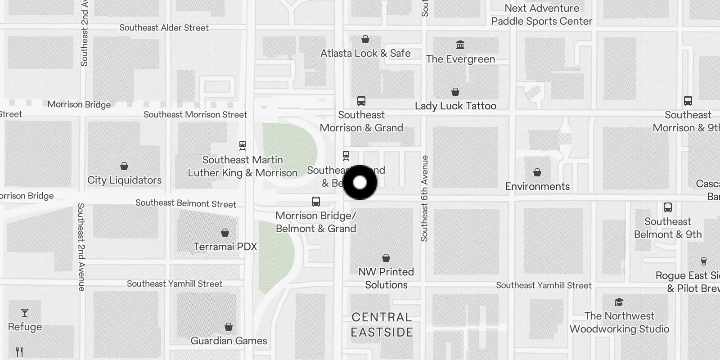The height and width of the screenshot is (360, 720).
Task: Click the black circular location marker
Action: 360,182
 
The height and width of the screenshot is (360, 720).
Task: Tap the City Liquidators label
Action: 124,180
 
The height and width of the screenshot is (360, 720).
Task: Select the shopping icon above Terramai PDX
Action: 225,233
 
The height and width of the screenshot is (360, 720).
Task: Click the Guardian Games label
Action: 229,341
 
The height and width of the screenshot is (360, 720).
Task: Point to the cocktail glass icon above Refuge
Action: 25,313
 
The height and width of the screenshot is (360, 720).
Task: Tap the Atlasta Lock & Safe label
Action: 365,53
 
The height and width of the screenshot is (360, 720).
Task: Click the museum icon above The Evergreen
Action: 460,45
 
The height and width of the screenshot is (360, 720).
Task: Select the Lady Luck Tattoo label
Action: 455,106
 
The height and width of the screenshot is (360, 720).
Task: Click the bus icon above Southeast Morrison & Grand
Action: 361,101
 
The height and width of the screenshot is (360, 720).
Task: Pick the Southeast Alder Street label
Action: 164,27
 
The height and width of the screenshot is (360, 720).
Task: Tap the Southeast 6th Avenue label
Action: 424,198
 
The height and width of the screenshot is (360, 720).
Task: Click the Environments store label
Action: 537,186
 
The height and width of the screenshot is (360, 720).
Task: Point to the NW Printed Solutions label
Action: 386,278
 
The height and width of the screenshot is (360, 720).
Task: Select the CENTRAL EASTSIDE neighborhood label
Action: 382,324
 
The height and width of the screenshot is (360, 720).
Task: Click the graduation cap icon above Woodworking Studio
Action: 619,302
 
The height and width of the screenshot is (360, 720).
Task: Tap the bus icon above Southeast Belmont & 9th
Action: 668,207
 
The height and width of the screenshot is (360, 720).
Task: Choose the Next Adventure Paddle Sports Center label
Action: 542,14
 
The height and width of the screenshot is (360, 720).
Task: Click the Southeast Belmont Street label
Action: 185,203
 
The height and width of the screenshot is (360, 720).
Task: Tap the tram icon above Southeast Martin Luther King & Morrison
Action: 243,145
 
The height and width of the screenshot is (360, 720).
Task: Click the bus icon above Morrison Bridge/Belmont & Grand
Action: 316,202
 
